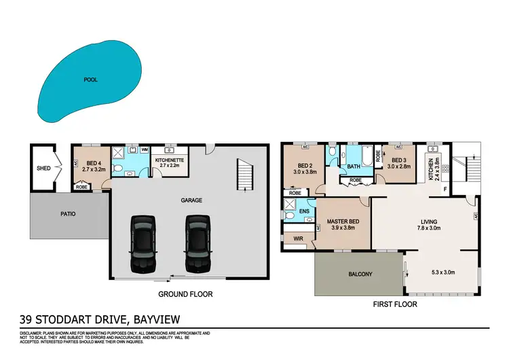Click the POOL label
pyautogui.click(x=90, y=79)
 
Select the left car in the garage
pyautogui.click(x=143, y=242)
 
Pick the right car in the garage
pyautogui.click(x=197, y=242)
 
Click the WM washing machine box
pyautogui.click(x=145, y=149)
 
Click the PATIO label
pyautogui.click(x=69, y=213)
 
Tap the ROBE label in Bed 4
pyautogui.click(x=81, y=187)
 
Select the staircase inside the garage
pyautogui.click(x=242, y=174)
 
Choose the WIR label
pyautogui.click(x=297, y=239)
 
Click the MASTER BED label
pyautogui.click(x=343, y=221)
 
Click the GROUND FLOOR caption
pyautogui.click(x=185, y=294)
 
